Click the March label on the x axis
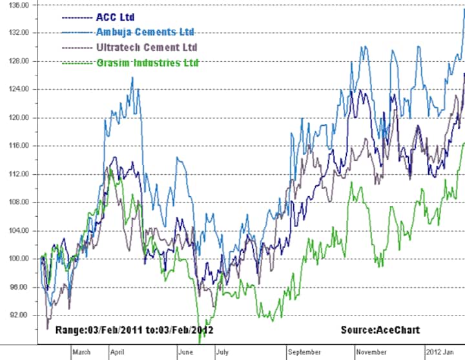tap(81, 352)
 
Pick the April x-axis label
tap(118, 352)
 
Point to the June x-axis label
tap(185, 352)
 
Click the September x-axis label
tap(304, 352)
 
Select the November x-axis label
tap(371, 352)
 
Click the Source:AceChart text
tap(380, 330)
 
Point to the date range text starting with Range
tap(134, 330)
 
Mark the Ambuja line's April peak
tap(132, 78)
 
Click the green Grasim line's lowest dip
tap(201, 340)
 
